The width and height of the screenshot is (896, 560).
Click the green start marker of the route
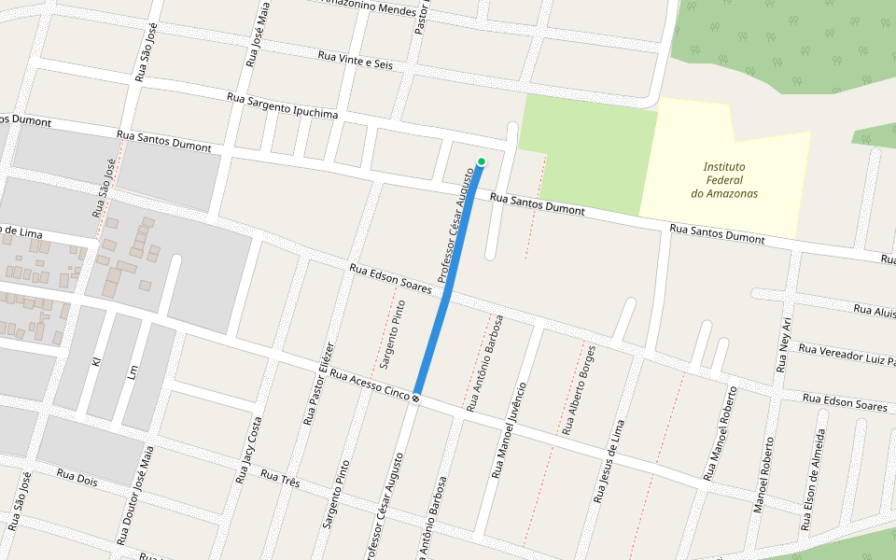(481, 162)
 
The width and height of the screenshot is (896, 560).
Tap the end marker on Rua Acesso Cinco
(415, 399)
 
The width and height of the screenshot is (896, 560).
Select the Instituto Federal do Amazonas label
(724, 180)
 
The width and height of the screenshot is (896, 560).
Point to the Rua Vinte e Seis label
(356, 60)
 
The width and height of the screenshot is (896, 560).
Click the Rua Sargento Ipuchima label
(282, 105)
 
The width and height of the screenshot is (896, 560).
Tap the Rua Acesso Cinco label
(370, 387)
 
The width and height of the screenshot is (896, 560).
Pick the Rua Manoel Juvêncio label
(506, 430)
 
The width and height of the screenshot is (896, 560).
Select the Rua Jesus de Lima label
(609, 461)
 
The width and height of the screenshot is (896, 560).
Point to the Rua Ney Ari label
(785, 344)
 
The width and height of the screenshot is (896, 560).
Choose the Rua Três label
(281, 479)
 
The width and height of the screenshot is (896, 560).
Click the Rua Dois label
(77, 477)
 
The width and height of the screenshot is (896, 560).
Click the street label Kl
(96, 360)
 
